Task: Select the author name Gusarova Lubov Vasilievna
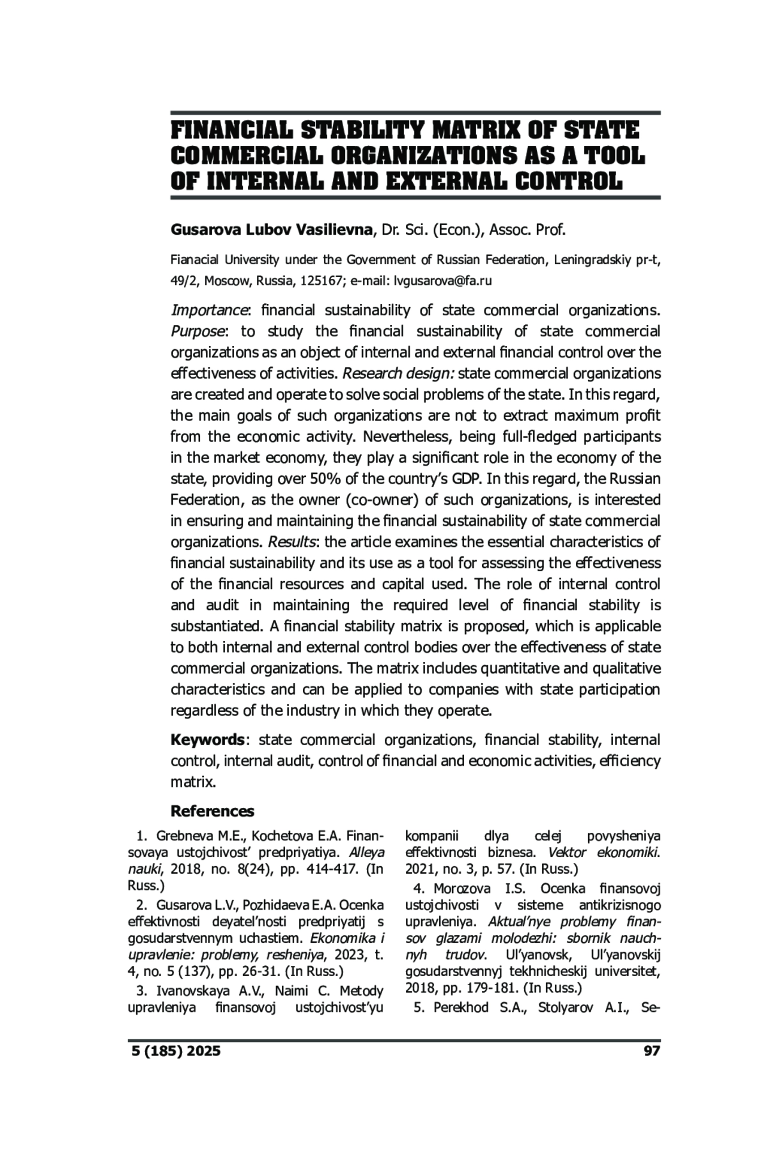[x=271, y=230]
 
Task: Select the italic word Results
[x=292, y=542]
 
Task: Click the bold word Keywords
[x=207, y=740]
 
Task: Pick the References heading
[x=212, y=811]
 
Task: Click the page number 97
[x=651, y=1051]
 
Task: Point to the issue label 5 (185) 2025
[x=174, y=1051]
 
